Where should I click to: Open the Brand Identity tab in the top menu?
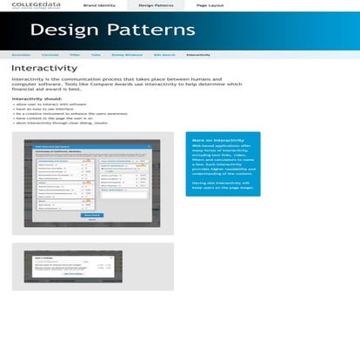[x=98, y=5]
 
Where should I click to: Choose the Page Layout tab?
[x=210, y=5]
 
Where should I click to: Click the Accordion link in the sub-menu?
[x=22, y=54]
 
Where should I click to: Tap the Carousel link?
[x=50, y=54]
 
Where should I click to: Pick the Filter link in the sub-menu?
[x=75, y=54]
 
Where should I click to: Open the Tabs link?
[x=97, y=54]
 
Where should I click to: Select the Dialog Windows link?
[x=127, y=54]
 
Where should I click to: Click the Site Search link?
[x=163, y=54]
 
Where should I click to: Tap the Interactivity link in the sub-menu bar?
[x=198, y=54]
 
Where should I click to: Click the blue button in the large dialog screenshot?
[x=90, y=214]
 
